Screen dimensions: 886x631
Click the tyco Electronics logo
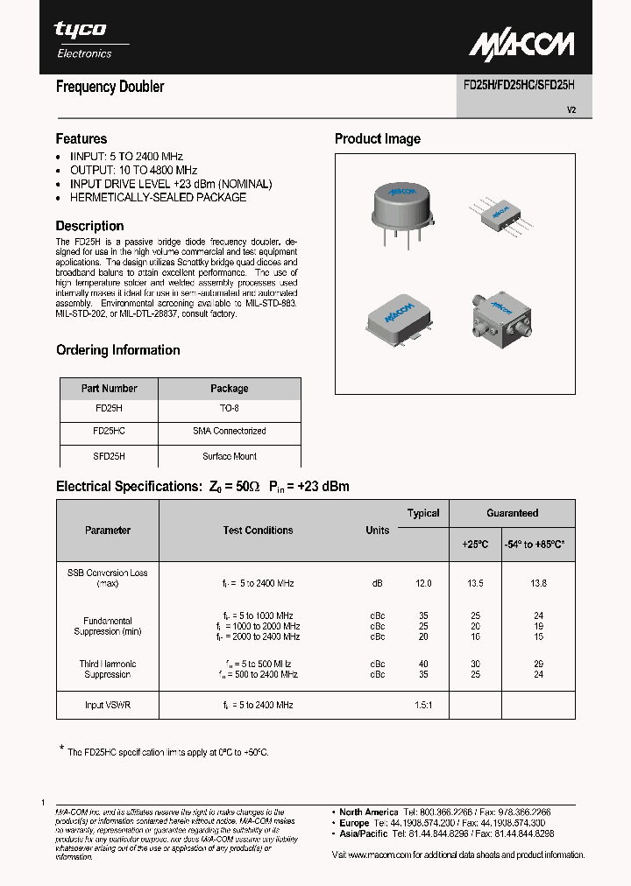click(84, 39)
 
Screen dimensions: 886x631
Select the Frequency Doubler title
click(110, 87)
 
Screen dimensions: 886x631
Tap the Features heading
click(82, 138)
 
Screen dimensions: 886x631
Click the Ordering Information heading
click(118, 350)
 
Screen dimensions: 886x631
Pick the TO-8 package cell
click(230, 408)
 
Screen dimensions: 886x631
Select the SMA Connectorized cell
click(230, 432)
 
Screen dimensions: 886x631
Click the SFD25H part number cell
click(109, 456)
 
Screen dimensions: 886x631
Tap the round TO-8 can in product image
click(401, 207)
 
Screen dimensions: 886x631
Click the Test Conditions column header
click(258, 531)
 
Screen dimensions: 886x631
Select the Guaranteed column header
click(513, 513)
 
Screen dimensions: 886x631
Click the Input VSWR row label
click(109, 705)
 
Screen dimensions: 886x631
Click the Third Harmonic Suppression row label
click(108, 669)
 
